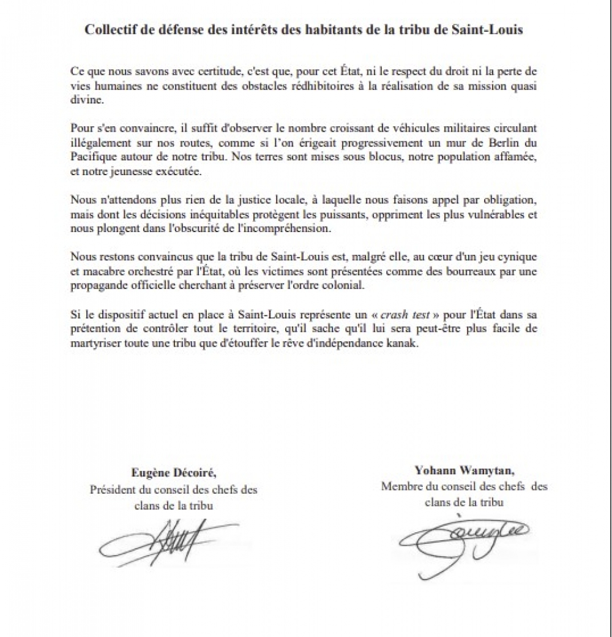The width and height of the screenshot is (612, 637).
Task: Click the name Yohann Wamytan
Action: pyautogui.click(x=465, y=470)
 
